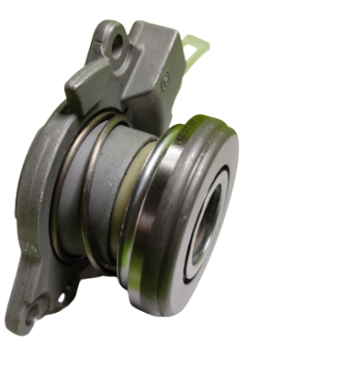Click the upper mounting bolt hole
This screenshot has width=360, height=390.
pos(117,44)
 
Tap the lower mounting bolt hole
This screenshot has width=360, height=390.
pos(33,311)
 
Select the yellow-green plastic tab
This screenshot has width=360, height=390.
pos(199,46)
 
